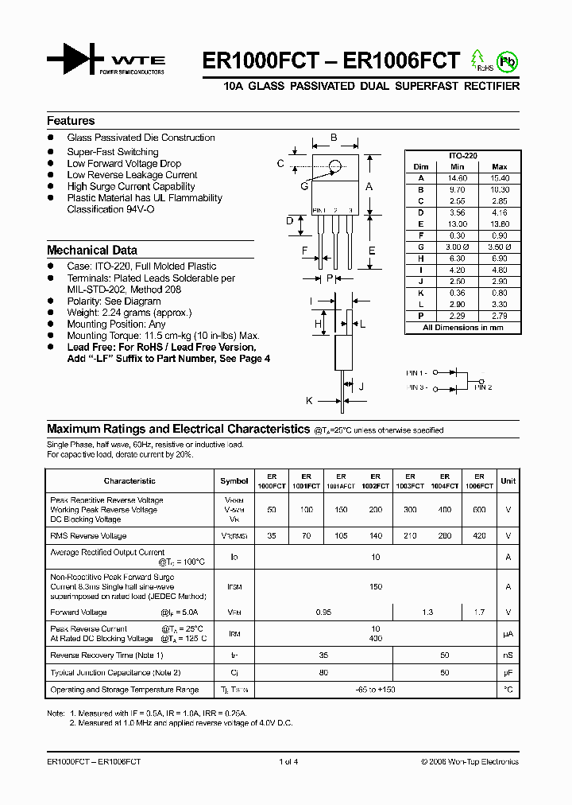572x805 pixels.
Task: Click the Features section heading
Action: pyautogui.click(x=71, y=121)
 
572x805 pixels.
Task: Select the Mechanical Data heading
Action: pyautogui.click(x=92, y=250)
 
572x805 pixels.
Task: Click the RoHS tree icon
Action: pyautogui.click(x=478, y=60)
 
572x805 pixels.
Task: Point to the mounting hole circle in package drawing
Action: pyautogui.click(x=335, y=166)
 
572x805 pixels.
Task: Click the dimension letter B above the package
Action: pyautogui.click(x=334, y=138)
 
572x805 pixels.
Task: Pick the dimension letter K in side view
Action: pyautogui.click(x=309, y=401)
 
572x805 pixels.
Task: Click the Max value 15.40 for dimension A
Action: pyautogui.click(x=499, y=178)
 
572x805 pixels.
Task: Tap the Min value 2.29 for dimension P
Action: pyautogui.click(x=457, y=317)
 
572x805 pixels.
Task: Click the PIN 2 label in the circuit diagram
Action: pyautogui.click(x=484, y=387)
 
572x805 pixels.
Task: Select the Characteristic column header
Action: pyautogui.click(x=129, y=481)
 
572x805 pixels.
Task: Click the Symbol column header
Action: pyautogui.click(x=234, y=481)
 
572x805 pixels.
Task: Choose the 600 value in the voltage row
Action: pyautogui.click(x=479, y=510)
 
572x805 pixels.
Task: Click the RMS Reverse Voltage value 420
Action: pyautogui.click(x=479, y=536)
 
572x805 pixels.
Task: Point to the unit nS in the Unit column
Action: pyautogui.click(x=508, y=655)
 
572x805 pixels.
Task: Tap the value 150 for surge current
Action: pyautogui.click(x=376, y=587)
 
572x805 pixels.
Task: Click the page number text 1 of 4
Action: pyautogui.click(x=288, y=762)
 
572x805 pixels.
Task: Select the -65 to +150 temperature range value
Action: pyautogui.click(x=376, y=690)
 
